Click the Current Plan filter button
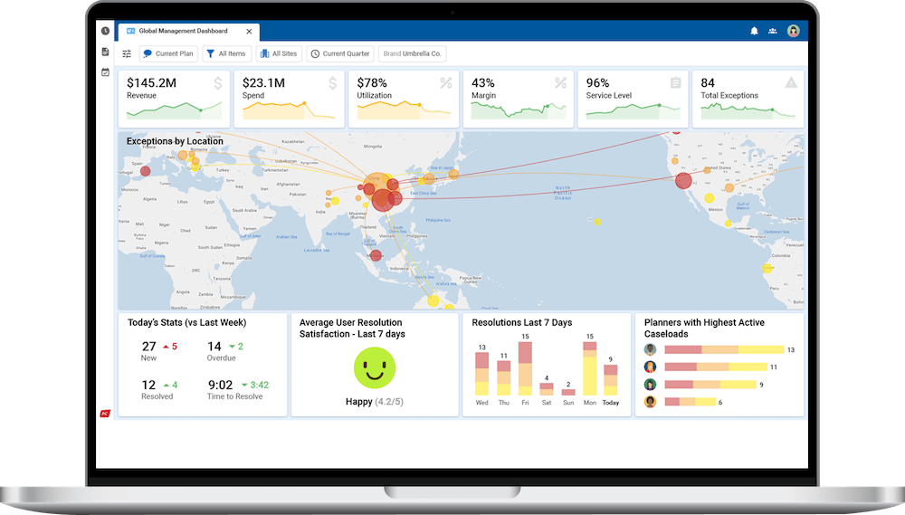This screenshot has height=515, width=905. [x=167, y=53]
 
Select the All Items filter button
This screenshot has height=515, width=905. [x=226, y=53]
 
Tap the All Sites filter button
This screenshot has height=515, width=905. [x=279, y=53]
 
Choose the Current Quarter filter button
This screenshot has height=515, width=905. [x=340, y=53]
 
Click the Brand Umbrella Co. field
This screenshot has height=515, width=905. [x=412, y=53]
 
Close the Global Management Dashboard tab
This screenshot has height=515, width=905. [x=250, y=31]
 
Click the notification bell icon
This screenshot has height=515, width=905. [x=754, y=31]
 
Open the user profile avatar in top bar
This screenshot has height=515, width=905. [x=794, y=31]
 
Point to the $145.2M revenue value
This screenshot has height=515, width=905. [x=151, y=82]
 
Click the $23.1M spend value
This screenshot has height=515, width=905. [x=263, y=82]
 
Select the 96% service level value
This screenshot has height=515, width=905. [x=597, y=82]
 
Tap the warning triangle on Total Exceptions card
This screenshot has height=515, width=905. [x=791, y=82]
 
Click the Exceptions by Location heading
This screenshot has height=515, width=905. [x=175, y=141]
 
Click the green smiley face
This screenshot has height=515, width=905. [x=374, y=368]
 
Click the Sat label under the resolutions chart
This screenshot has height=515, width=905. [x=546, y=403]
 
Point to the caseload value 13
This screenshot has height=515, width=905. [x=790, y=350]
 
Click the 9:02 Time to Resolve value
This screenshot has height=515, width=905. [x=220, y=385]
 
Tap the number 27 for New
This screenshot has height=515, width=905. [x=149, y=347]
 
